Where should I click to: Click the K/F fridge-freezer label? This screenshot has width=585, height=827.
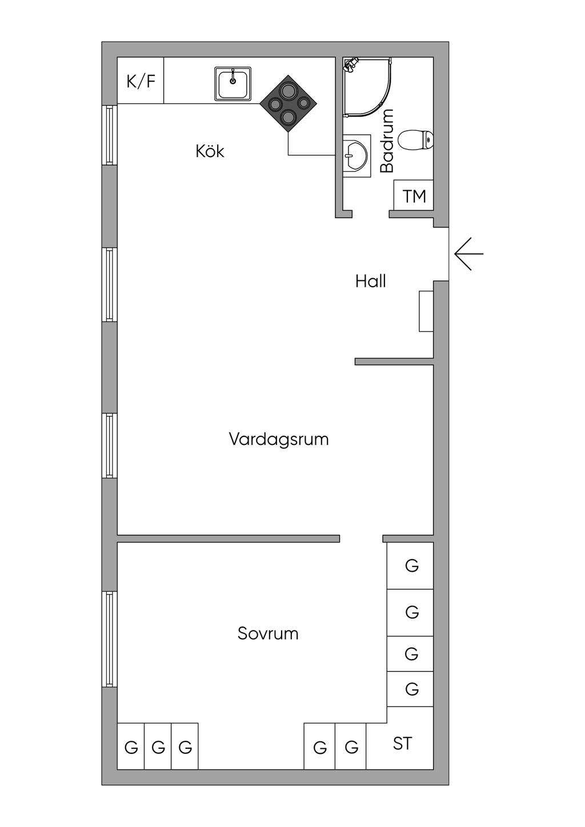(x=141, y=82)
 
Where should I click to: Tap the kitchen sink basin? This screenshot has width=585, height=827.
(x=233, y=84)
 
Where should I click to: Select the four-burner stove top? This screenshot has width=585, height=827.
(x=289, y=103)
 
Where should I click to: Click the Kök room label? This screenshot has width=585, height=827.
(x=210, y=151)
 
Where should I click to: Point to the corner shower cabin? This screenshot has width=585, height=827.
(x=367, y=87)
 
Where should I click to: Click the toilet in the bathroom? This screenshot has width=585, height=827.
(x=416, y=139)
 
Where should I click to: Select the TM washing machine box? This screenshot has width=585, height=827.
(x=414, y=196)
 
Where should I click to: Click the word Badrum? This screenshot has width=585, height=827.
(x=387, y=141)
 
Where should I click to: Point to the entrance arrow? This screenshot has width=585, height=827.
(x=468, y=254)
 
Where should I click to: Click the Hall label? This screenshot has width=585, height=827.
(x=370, y=282)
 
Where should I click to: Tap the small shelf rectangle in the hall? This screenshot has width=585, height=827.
(x=426, y=311)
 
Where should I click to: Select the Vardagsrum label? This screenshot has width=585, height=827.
(x=279, y=439)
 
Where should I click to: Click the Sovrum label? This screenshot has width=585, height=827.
(x=268, y=633)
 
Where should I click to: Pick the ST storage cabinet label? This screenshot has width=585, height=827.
(x=402, y=744)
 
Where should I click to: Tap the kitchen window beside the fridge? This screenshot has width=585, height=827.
(x=109, y=135)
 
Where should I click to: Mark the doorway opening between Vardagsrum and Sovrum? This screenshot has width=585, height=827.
(x=361, y=539)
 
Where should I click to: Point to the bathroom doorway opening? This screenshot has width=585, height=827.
(x=371, y=214)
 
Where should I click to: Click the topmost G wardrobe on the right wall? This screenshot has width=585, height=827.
(x=410, y=565)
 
